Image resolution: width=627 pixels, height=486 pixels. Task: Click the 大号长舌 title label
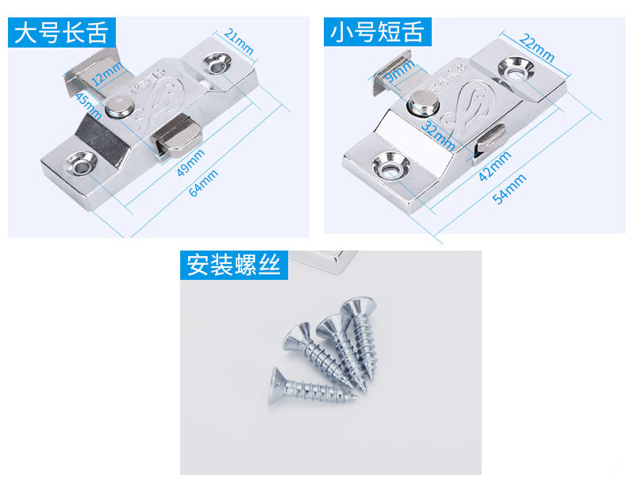tap(61, 33)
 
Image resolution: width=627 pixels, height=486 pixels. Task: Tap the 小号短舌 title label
tap(378, 33)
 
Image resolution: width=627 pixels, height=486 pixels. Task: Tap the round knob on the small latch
tap(424, 100)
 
